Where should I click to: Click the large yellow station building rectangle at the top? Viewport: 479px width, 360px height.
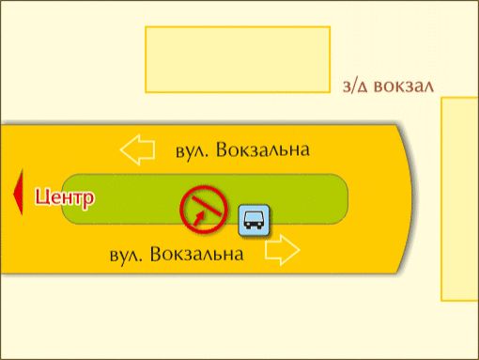238,59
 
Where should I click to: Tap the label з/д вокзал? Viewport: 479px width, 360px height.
388,86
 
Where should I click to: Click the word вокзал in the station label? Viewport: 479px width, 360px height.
404,86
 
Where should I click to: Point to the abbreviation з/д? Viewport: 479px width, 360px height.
355,86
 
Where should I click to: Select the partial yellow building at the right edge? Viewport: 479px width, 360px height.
460,199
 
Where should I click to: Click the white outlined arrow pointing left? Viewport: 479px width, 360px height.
137,149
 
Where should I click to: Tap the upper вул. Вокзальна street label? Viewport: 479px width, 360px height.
242,149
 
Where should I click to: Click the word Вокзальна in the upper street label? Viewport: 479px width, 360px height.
263,149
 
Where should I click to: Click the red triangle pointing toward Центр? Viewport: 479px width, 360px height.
18,193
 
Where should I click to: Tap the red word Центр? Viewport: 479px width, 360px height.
64,198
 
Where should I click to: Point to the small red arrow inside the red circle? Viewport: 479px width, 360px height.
199,218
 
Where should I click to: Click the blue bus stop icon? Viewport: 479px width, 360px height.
254,220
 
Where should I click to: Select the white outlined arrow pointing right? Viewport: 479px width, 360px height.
283,250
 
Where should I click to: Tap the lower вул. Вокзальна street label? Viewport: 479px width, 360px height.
177,254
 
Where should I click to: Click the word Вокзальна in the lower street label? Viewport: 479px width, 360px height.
197,254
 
